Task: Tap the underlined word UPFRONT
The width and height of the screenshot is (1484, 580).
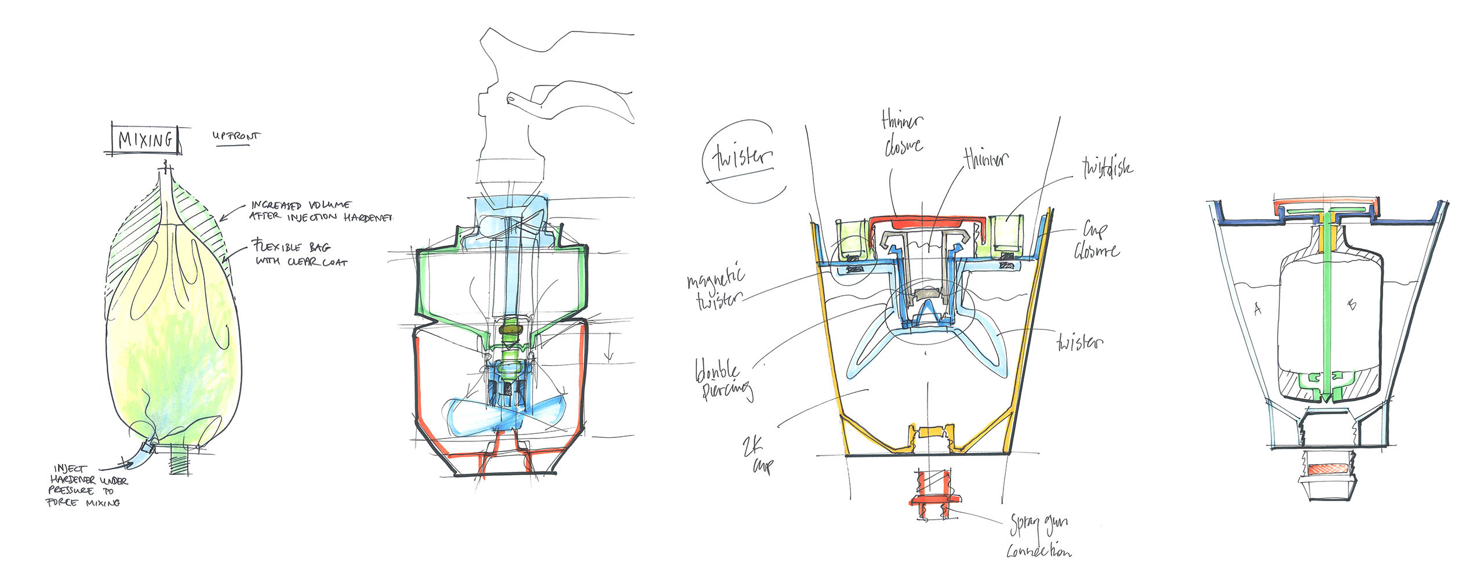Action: click(x=236, y=137)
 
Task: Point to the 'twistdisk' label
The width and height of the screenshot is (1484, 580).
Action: click(x=1107, y=168)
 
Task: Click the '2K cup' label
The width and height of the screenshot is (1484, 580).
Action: click(x=756, y=455)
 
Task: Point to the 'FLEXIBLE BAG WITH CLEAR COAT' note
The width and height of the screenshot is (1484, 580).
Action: click(x=300, y=254)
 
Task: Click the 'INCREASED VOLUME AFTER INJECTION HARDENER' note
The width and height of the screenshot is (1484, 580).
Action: click(x=322, y=211)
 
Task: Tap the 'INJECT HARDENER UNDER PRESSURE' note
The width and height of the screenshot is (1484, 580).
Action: click(x=87, y=485)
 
